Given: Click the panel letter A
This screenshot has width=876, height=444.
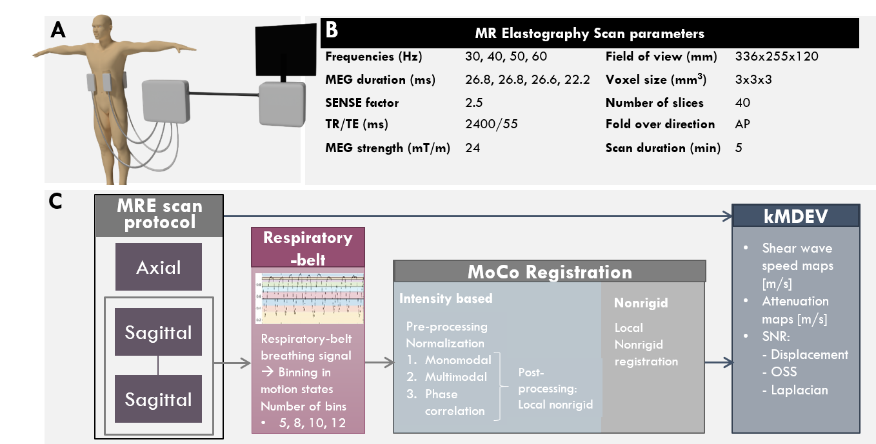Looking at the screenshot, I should click(x=58, y=30).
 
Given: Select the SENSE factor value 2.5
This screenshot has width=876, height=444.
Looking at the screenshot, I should click(x=473, y=102).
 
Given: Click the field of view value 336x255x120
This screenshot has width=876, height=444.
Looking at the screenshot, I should click(x=776, y=57).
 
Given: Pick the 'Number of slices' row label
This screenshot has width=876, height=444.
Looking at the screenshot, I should click(x=654, y=102).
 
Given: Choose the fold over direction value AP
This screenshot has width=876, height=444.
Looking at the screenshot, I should click(x=743, y=124).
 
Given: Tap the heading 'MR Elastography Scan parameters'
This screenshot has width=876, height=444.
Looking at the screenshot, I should click(x=589, y=34).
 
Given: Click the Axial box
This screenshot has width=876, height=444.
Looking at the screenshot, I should click(x=159, y=267).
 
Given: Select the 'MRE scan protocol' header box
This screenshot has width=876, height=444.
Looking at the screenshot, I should click(x=159, y=215).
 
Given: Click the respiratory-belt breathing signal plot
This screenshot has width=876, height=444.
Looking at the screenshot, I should click(x=310, y=298).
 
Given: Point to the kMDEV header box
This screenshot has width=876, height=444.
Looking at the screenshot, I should click(x=795, y=216).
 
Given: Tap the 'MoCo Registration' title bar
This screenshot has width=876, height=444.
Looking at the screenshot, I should click(x=550, y=271).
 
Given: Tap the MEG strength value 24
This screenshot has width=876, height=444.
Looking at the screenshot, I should click(x=472, y=148).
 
